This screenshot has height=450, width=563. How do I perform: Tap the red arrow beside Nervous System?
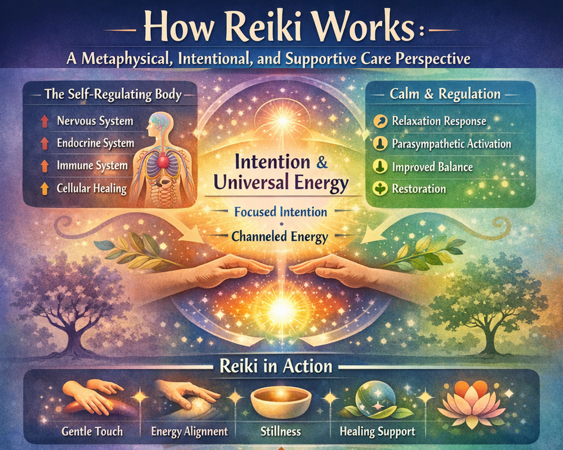pyautogui.click(x=44, y=121)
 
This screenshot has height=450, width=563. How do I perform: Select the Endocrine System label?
pyautogui.click(x=95, y=143)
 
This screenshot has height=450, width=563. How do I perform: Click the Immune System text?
pyautogui.click(x=92, y=166)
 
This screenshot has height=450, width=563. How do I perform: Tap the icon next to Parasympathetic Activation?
pyautogui.click(x=380, y=144)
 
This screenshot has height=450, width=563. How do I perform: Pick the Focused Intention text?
pyautogui.click(x=280, y=213)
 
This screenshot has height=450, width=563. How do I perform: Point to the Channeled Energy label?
pyautogui.click(x=280, y=237)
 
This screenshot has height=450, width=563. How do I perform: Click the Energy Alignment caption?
pyautogui.click(x=189, y=432)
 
